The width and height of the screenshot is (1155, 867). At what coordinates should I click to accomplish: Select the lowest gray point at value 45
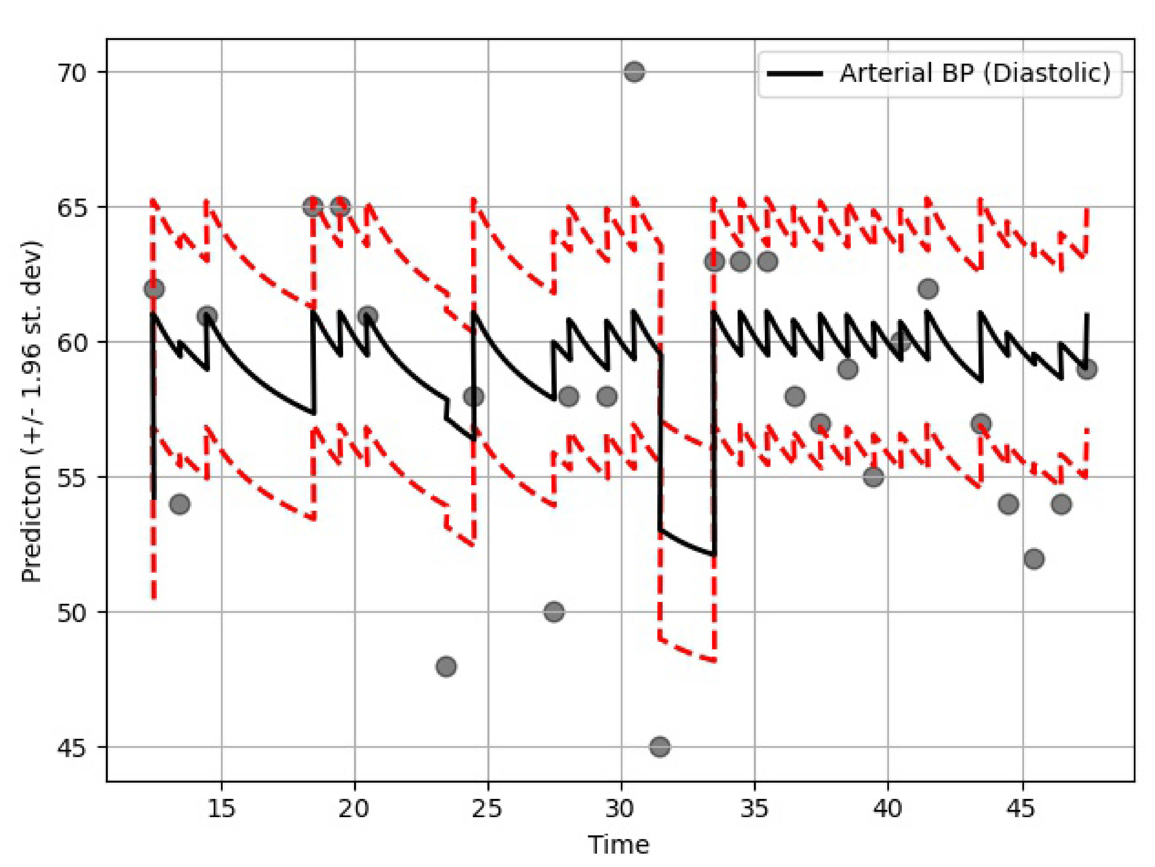(x=659, y=747)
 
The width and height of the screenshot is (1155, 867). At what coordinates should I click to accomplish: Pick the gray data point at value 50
(x=554, y=612)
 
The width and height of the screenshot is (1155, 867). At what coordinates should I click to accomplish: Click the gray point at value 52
(x=1034, y=559)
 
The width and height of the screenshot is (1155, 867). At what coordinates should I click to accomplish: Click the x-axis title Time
(x=619, y=844)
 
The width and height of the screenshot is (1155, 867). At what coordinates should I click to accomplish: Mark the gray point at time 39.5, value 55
(x=874, y=477)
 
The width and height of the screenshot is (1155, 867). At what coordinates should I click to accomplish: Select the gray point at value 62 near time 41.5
(x=927, y=289)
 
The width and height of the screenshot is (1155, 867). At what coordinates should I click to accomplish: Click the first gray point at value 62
(x=154, y=289)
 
